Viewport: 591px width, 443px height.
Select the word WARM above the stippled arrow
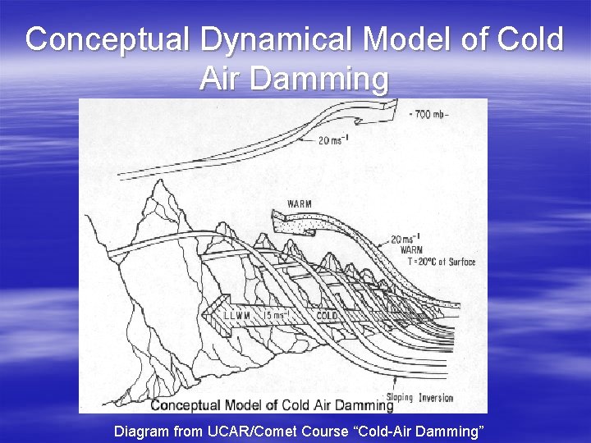click(x=300, y=203)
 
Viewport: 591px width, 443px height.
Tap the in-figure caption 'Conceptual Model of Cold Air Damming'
click(x=272, y=404)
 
